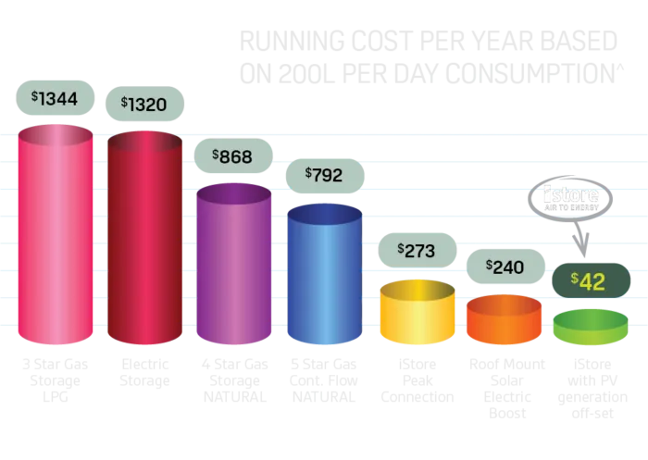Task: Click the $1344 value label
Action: (x=55, y=97)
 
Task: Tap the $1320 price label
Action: (x=144, y=104)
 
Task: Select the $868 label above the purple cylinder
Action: (x=232, y=156)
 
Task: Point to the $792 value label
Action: (x=324, y=175)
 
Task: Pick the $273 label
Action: (x=417, y=250)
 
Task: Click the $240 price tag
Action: (x=505, y=267)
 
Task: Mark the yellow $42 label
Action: (x=589, y=280)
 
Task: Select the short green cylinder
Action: (x=590, y=329)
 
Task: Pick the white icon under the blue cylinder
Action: (x=325, y=379)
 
